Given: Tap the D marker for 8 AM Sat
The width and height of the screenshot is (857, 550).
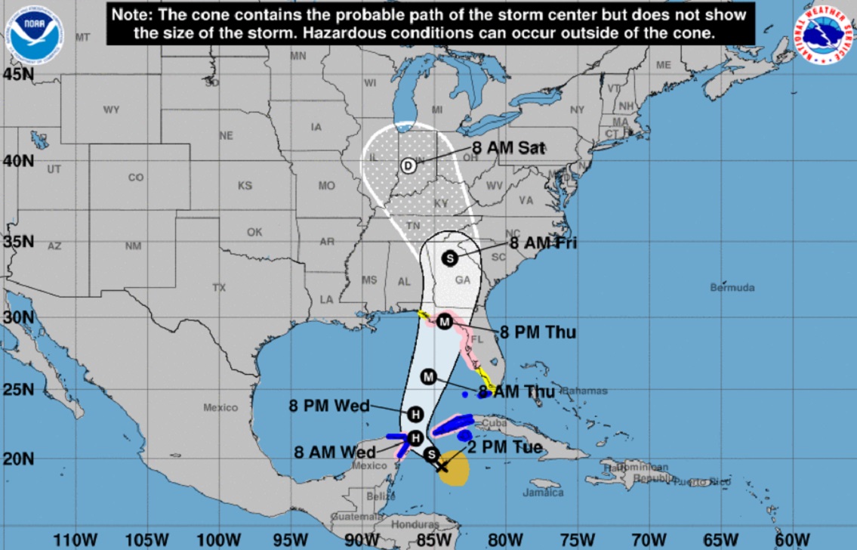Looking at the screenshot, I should [x=408, y=166].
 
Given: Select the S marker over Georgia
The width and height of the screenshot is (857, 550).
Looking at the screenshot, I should [x=449, y=258].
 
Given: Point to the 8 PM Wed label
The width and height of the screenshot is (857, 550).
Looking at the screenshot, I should [x=329, y=406].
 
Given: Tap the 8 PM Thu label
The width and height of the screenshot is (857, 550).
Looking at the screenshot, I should [x=538, y=333].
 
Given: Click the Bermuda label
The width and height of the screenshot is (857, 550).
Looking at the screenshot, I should [x=732, y=288].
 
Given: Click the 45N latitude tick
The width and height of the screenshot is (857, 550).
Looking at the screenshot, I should [x=18, y=74].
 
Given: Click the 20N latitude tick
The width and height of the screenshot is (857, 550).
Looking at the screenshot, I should [x=18, y=458].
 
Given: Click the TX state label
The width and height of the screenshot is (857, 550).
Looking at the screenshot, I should [x=219, y=288].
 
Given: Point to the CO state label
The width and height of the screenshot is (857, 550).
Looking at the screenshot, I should [x=135, y=178].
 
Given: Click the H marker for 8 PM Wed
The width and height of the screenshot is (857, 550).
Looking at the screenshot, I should [x=415, y=414].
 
